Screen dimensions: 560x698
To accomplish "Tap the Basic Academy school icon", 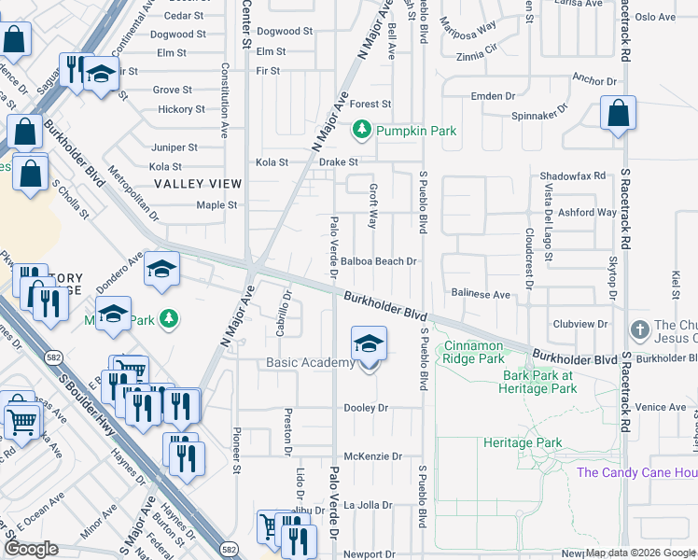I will point(369,343).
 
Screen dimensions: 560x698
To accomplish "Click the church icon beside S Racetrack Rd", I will point(639,329).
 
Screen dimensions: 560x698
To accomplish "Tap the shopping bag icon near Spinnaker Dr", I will point(618,114).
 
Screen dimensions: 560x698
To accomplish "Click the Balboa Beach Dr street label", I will point(378,261).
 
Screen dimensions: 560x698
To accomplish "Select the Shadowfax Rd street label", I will point(572,175).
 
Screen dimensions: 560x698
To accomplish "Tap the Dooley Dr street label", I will point(366,408).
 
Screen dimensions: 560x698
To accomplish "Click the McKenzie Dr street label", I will point(371,456).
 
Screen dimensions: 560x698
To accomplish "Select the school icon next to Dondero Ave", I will point(161,269).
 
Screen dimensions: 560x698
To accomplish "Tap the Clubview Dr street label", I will point(580,325).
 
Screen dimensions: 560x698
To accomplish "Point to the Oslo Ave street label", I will point(654,17).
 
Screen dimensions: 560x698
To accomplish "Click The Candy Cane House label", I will point(636,472).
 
